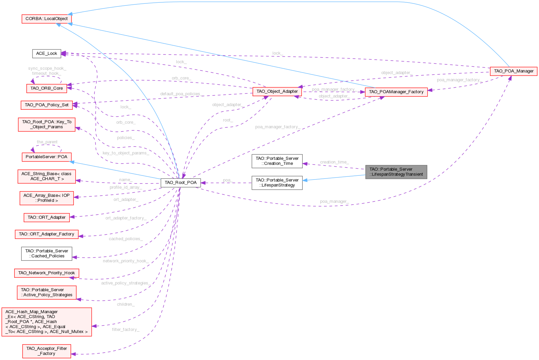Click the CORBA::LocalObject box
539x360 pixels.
click(x=46, y=19)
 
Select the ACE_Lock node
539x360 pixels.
click(x=46, y=54)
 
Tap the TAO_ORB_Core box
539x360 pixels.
click(x=46, y=88)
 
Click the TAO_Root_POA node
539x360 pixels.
click(x=180, y=183)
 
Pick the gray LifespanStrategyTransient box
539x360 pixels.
click(x=396, y=172)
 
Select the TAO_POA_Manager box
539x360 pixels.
click(x=513, y=71)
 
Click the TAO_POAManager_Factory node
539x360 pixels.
click(x=396, y=92)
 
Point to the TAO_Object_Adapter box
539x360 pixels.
click(x=277, y=91)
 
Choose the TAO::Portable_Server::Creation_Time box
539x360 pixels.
click(x=277, y=161)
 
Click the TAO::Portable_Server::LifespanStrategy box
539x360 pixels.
click(x=277, y=183)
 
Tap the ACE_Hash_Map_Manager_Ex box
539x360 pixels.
click(x=46, y=322)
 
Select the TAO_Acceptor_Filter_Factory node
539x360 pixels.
click(x=46, y=351)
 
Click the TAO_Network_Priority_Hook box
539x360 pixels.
click(x=46, y=273)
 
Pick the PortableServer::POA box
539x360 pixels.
click(x=46, y=157)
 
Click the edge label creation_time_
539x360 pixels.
click(x=334, y=162)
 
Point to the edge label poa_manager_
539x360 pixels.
click(x=334, y=202)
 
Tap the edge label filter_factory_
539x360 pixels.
click(x=126, y=330)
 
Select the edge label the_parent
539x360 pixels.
click(x=47, y=142)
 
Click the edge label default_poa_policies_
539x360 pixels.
click(x=180, y=94)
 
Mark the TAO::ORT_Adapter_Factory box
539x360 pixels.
click(x=46, y=234)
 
